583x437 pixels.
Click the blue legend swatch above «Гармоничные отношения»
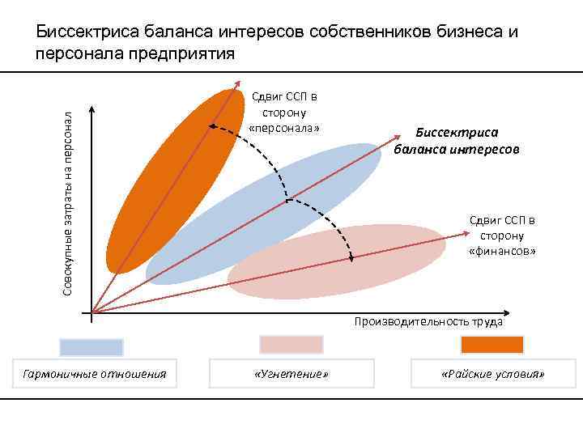(x=91, y=347)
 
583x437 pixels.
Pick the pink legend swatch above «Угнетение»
(x=291, y=345)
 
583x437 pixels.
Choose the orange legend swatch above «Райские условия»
(x=492, y=345)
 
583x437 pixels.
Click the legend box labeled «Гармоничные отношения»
(x=96, y=374)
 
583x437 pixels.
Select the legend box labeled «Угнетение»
(x=291, y=374)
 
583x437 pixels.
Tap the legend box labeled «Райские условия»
(x=492, y=374)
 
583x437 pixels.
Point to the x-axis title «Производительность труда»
(x=428, y=321)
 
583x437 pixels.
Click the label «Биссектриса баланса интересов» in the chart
(x=457, y=141)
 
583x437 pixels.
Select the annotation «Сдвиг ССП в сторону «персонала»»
(x=284, y=113)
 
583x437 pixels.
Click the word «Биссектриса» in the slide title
(x=87, y=32)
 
